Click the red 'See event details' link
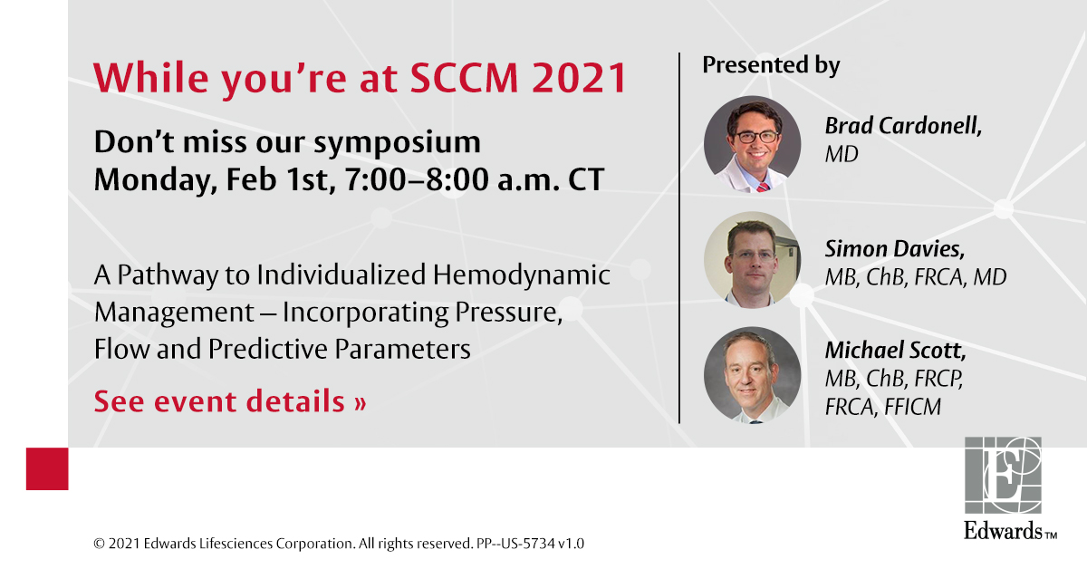pyautogui.click(x=230, y=400)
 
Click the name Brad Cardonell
pyautogui.click(x=902, y=126)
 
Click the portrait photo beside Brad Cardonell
pyautogui.click(x=753, y=144)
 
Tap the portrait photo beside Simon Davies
pyautogui.click(x=753, y=260)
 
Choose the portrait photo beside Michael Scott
pyautogui.click(x=753, y=375)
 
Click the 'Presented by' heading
pyautogui.click(x=771, y=65)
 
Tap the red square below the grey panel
pyautogui.click(x=47, y=468)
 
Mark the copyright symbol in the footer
pyautogui.click(x=99, y=544)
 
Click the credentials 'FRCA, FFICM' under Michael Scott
pyautogui.click(x=882, y=408)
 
